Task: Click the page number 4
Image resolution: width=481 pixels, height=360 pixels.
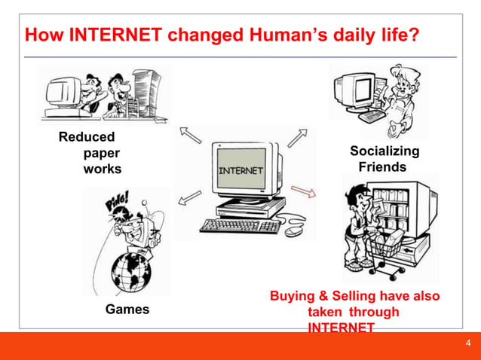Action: (467, 344)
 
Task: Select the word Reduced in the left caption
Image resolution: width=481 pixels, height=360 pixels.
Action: (87, 137)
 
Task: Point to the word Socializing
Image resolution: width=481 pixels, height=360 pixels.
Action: (384, 151)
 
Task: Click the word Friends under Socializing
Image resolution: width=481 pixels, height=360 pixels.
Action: (382, 167)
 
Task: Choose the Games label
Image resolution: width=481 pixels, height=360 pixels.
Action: (127, 309)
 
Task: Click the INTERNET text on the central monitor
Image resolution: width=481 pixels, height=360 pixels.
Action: (241, 170)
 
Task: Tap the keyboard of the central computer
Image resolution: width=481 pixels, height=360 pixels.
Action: (240, 225)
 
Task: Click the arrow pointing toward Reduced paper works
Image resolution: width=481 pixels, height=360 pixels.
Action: (191, 136)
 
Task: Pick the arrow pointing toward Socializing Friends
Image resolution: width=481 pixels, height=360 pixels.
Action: (297, 138)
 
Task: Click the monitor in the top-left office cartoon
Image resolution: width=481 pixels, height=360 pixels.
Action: (61, 93)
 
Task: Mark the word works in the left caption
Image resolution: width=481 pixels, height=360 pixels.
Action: (102, 169)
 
